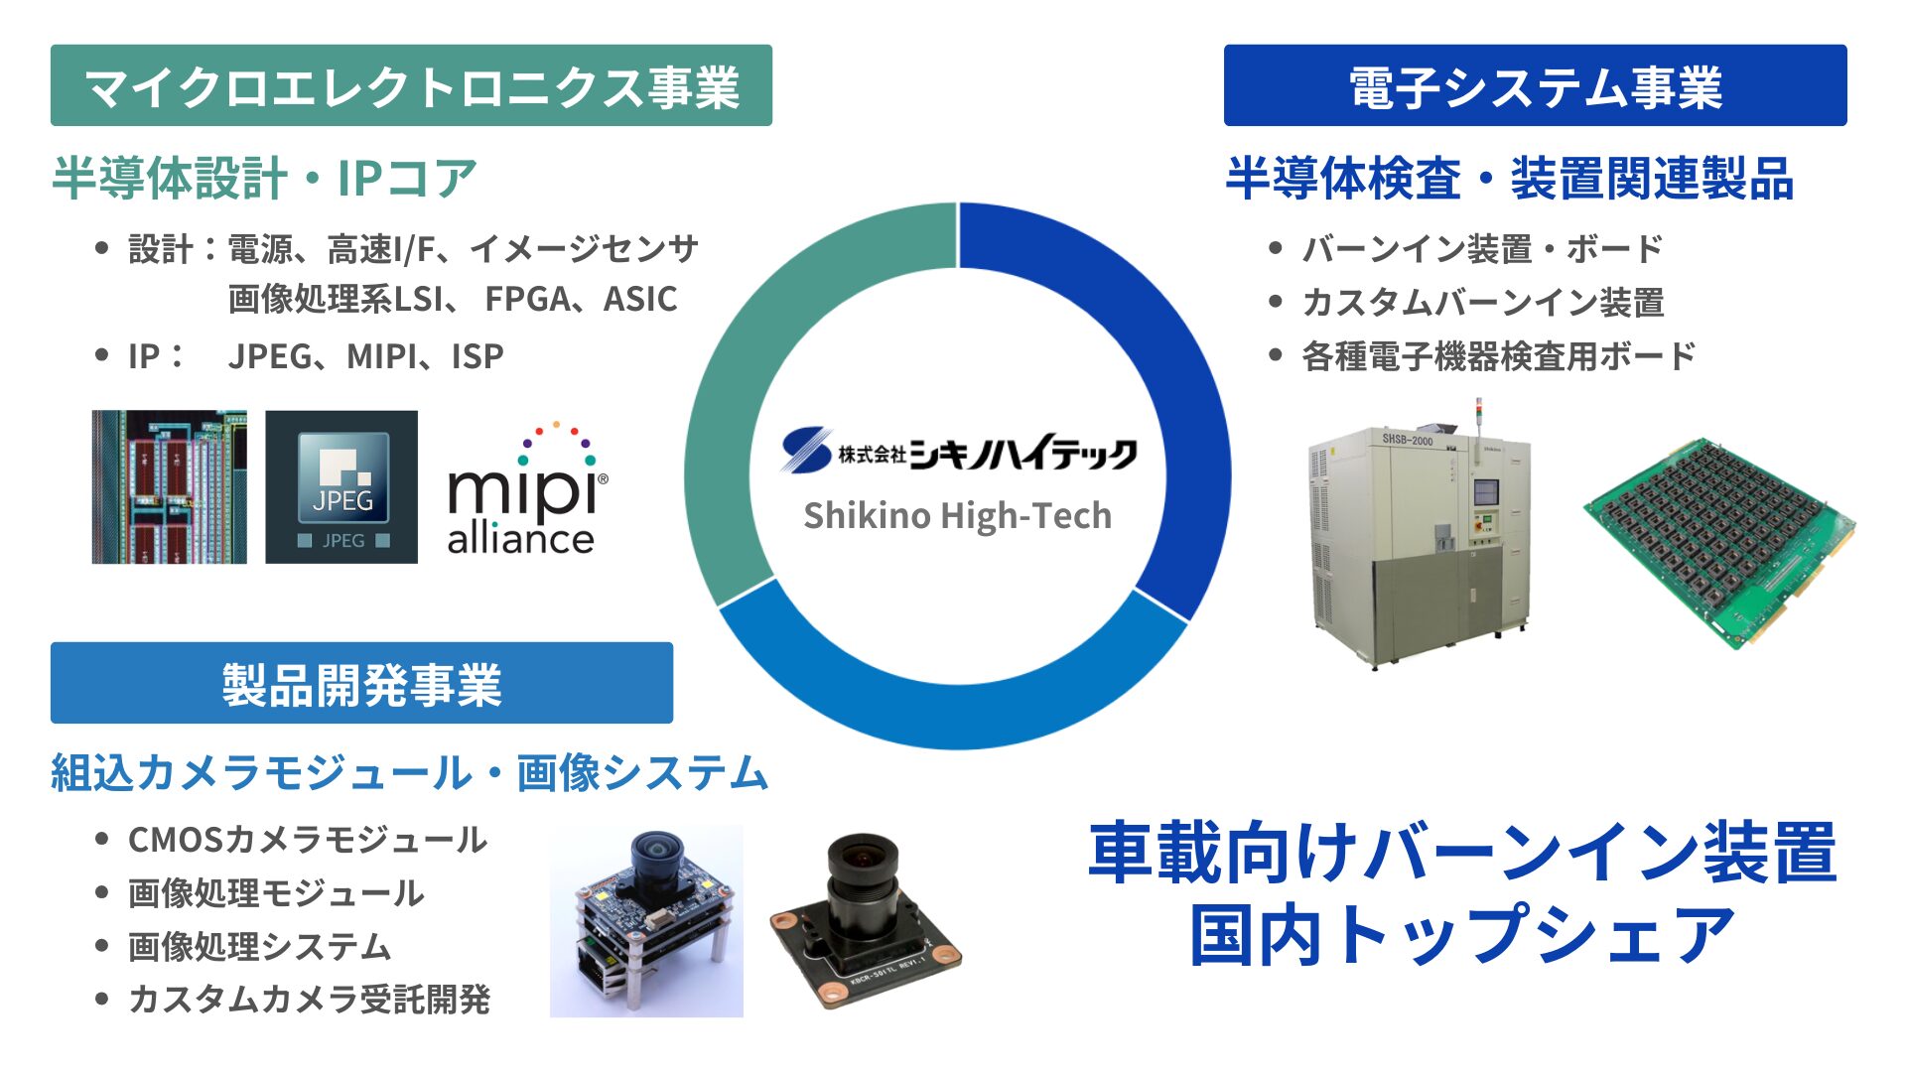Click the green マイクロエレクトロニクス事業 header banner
(411, 85)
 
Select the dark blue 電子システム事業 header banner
(1535, 85)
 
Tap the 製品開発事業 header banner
(361, 683)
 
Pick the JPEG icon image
(341, 487)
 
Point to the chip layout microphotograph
(170, 487)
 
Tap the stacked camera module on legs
(647, 920)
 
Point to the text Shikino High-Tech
(957, 516)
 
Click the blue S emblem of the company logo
(805, 450)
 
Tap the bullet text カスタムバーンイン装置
(1483, 302)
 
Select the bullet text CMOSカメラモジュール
(308, 840)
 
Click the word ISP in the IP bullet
(477, 356)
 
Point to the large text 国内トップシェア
(1462, 935)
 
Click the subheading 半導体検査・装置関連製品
(1510, 179)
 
